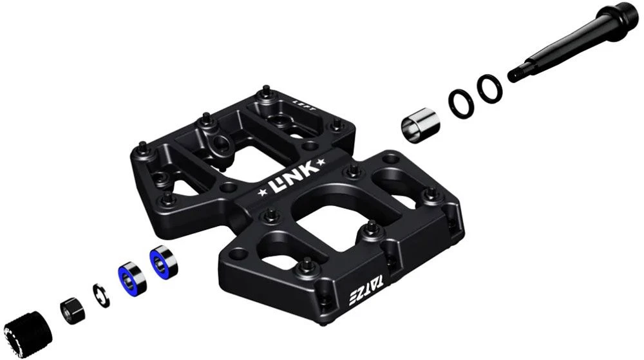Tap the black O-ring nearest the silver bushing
460,100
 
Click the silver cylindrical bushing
419,123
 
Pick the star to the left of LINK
261,192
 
